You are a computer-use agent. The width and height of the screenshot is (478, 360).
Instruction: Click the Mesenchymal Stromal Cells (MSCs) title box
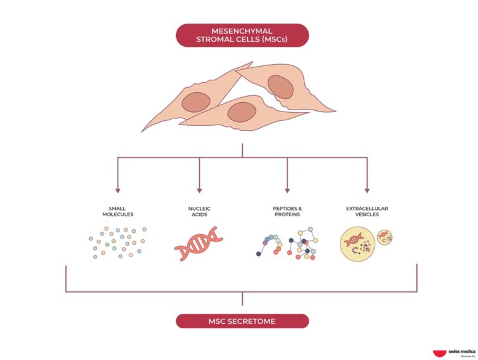pyautogui.click(x=242, y=36)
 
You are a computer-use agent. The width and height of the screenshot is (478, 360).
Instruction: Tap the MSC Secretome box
pyautogui.click(x=242, y=321)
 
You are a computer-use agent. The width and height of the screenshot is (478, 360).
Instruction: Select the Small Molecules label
pyautogui.click(x=117, y=211)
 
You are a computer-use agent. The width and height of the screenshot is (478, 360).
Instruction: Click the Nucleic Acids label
pyautogui.click(x=199, y=211)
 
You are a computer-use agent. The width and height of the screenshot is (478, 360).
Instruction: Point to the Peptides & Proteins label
pyautogui.click(x=287, y=211)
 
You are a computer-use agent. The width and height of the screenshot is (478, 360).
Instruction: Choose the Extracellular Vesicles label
pyautogui.click(x=367, y=211)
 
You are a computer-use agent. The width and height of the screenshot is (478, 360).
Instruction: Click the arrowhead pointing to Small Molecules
pyautogui.click(x=117, y=189)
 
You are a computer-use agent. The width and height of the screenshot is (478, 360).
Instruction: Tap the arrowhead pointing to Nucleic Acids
pyautogui.click(x=199, y=189)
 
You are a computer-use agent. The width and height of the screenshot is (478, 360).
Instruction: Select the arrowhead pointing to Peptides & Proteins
pyautogui.click(x=287, y=189)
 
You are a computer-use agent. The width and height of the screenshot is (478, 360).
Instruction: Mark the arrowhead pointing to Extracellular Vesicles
pyautogui.click(x=367, y=189)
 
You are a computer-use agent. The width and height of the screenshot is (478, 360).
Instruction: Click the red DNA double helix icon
pyautogui.click(x=199, y=244)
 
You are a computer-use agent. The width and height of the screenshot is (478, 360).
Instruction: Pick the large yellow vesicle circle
pyautogui.click(x=357, y=244)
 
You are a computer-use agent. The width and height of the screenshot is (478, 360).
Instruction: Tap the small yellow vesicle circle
pyautogui.click(x=385, y=237)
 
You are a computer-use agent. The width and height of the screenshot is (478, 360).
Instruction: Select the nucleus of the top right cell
pyautogui.click(x=280, y=88)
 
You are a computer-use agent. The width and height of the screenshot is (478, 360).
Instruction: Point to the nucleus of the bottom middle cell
pyautogui.click(x=241, y=112)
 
